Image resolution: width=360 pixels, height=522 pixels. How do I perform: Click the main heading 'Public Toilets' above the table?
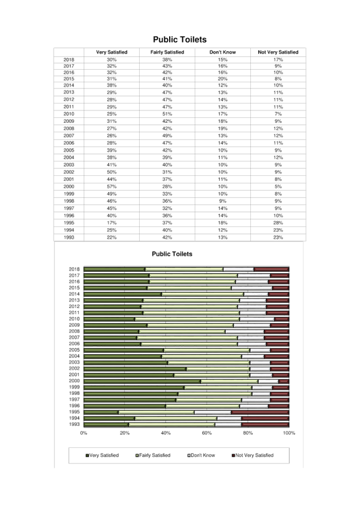tap(180, 40)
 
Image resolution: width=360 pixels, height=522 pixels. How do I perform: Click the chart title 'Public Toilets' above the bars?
tap(172, 254)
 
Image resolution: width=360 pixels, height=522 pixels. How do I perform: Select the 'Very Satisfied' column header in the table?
tap(112, 52)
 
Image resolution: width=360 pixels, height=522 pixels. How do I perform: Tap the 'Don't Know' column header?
tap(223, 52)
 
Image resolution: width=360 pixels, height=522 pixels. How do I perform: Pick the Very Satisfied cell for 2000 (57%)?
tap(112, 186)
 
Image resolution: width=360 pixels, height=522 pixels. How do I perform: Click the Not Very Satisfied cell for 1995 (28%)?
tap(278, 223)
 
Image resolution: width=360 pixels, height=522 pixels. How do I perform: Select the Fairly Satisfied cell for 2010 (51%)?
tap(167, 114)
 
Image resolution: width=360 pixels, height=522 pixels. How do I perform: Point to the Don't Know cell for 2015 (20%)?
tap(223, 79)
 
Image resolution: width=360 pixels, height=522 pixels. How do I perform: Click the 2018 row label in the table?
tap(69, 60)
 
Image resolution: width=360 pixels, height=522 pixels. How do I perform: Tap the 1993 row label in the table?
tap(69, 238)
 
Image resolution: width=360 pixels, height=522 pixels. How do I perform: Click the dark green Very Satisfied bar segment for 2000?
tap(142, 381)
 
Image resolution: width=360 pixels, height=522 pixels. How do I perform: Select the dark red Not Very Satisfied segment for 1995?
tap(260, 412)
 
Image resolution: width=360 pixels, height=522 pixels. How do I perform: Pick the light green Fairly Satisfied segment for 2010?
tap(187, 319)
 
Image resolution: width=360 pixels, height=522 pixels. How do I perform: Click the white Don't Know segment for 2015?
tap(252, 288)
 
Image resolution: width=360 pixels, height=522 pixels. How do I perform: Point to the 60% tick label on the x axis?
tap(207, 433)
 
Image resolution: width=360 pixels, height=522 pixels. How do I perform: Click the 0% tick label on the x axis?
tap(84, 433)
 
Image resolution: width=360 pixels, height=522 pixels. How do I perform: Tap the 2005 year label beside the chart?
tap(74, 350)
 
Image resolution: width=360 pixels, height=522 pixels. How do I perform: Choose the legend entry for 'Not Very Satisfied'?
tap(253, 455)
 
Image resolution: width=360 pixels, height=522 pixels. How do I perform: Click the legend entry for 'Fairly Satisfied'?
tap(153, 455)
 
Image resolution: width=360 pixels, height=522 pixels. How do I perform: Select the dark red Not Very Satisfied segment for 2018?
tap(271, 269)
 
